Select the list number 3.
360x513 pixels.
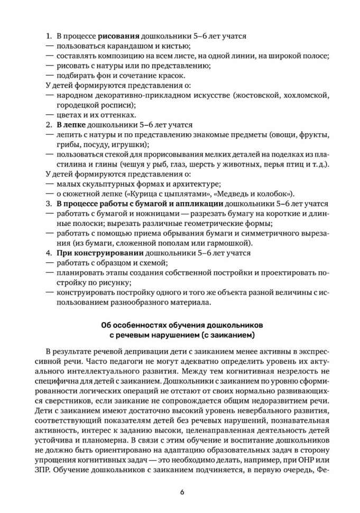48,204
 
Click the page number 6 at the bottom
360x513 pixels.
180,492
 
